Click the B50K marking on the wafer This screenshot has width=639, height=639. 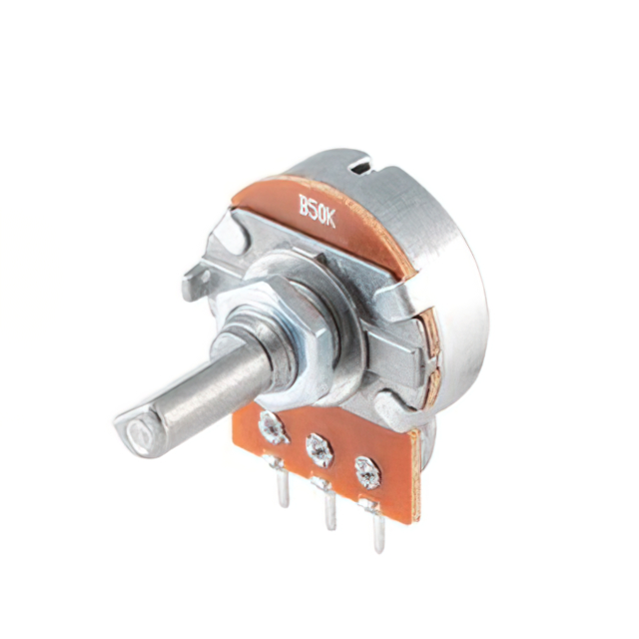point(317,211)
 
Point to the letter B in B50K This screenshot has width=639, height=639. point(304,204)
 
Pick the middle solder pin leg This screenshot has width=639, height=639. point(330,506)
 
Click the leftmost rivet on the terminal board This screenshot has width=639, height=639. point(273,427)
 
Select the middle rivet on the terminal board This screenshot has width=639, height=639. point(319,450)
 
